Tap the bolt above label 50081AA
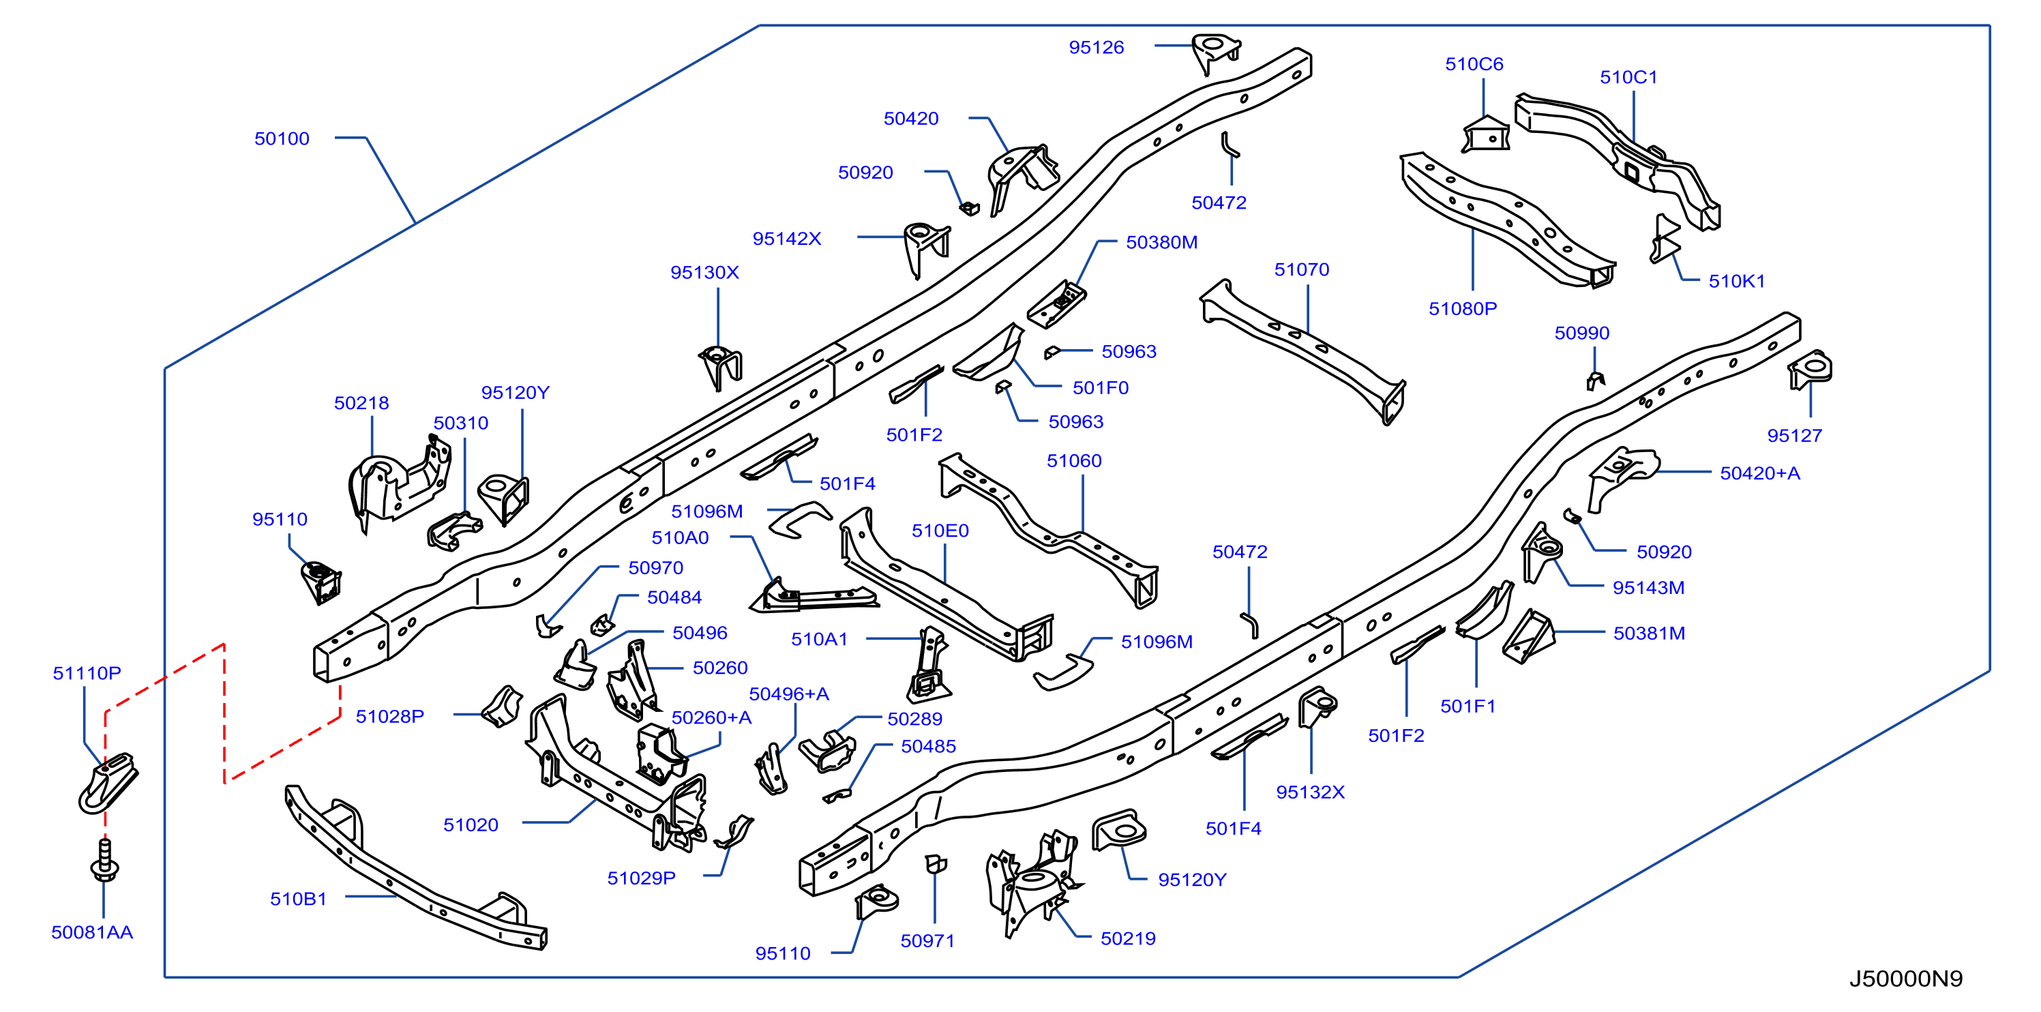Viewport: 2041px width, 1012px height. click(104, 861)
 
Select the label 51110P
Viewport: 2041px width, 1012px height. click(87, 674)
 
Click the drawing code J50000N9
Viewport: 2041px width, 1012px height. click(1905, 979)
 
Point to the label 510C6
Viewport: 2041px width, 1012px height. click(1474, 64)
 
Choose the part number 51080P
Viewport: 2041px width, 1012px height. click(1463, 309)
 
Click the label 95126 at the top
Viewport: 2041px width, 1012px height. click(1097, 48)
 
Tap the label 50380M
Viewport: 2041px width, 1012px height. click(1161, 243)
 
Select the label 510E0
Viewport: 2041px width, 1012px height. click(940, 531)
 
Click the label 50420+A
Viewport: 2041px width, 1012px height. click(1760, 473)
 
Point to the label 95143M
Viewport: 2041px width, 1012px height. click(1649, 588)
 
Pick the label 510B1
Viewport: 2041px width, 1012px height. click(298, 899)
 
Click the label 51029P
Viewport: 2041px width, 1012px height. click(641, 878)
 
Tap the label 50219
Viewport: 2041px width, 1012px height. click(1129, 939)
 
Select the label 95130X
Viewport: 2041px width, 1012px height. click(704, 273)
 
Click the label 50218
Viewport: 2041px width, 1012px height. click(361, 404)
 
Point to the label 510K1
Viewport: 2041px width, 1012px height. click(1737, 282)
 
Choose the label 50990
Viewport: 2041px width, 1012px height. click(1581, 333)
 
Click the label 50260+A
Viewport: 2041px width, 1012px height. click(711, 718)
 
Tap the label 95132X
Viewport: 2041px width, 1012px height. click(1311, 792)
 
